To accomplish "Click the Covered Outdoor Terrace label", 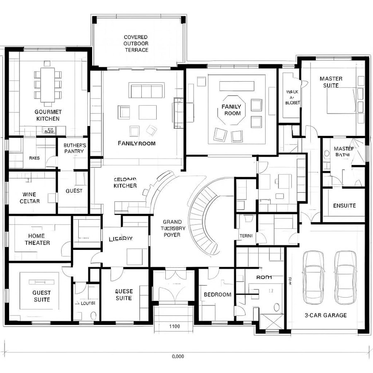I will tap(136, 44).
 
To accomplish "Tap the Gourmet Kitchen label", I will tap(48, 115).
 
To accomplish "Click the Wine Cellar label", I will tap(29, 198).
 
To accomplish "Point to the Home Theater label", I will tap(37, 239).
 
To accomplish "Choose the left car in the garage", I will tap(313, 276).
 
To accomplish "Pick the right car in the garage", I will tap(345, 276).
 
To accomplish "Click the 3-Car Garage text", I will tap(325, 315).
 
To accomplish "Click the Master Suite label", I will tap(331, 82).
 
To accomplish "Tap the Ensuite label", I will tap(344, 206).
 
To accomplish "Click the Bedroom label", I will tap(217, 294).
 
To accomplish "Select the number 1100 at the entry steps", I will tap(174, 326).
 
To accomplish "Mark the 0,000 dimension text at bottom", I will tap(178, 356).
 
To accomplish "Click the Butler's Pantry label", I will tap(74, 148).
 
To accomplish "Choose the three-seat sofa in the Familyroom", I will tap(146, 90).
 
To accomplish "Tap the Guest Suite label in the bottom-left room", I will tap(41, 296).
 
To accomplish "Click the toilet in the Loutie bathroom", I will tap(93, 315).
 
